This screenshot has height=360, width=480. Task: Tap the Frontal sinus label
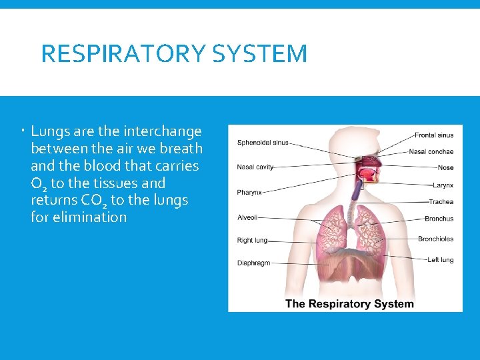(x=434, y=135)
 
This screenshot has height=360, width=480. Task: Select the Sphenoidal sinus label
(x=263, y=142)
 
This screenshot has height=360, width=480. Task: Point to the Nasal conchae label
(x=431, y=152)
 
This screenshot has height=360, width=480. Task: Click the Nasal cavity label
(x=255, y=167)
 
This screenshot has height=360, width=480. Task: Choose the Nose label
(x=445, y=168)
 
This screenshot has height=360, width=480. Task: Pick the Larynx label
(x=442, y=185)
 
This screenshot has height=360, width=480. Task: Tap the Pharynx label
(x=249, y=193)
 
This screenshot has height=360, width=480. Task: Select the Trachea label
(x=441, y=202)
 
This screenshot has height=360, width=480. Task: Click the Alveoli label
(x=247, y=217)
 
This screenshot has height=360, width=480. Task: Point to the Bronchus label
(x=439, y=219)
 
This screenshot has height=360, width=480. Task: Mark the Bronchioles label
(x=435, y=239)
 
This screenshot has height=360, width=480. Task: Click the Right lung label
(x=252, y=240)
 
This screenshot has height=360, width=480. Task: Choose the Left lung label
(x=440, y=260)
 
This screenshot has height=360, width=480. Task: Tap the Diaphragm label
(x=254, y=263)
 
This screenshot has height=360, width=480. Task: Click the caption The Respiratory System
(x=349, y=304)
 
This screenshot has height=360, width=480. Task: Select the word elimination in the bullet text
(x=79, y=217)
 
